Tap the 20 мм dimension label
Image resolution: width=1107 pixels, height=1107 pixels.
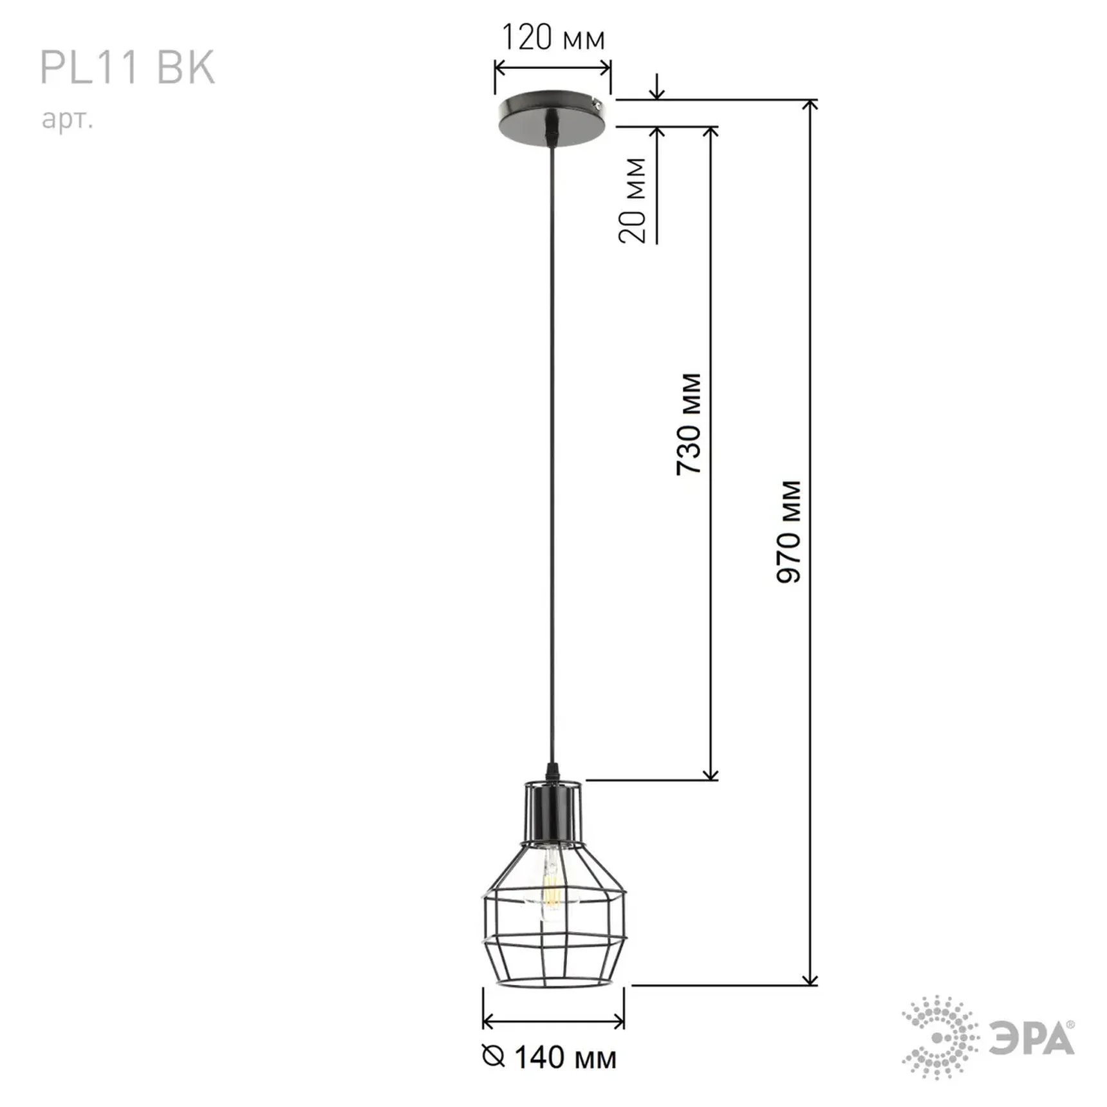click(x=633, y=200)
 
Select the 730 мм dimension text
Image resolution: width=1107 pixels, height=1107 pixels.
click(x=689, y=424)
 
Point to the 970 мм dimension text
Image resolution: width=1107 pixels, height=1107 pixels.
click(x=788, y=532)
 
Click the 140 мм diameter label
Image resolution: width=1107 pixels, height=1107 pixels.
click(x=565, y=1057)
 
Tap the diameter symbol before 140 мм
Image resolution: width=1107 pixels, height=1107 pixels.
click(x=493, y=1056)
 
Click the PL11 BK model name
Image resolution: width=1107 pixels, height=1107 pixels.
click(x=127, y=68)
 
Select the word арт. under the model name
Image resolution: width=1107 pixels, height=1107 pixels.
click(x=68, y=119)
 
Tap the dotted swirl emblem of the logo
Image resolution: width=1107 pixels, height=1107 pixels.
click(x=940, y=1037)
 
